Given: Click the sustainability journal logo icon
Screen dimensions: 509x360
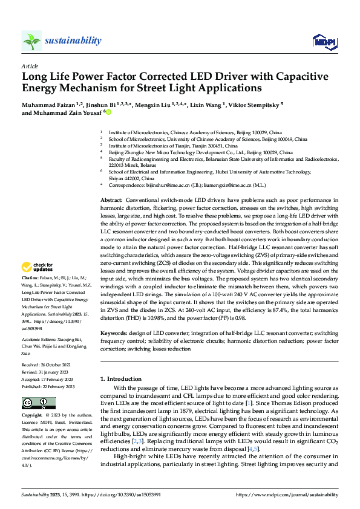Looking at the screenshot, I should (x=31, y=41).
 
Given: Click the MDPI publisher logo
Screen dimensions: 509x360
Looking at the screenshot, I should (x=324, y=41).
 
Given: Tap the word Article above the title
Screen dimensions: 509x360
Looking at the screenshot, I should (x=30, y=66).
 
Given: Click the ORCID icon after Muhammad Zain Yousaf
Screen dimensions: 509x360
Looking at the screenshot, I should (x=109, y=112).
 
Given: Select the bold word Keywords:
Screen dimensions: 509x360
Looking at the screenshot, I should (x=114, y=333).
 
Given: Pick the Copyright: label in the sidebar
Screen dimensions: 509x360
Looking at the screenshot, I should (x=32, y=416).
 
